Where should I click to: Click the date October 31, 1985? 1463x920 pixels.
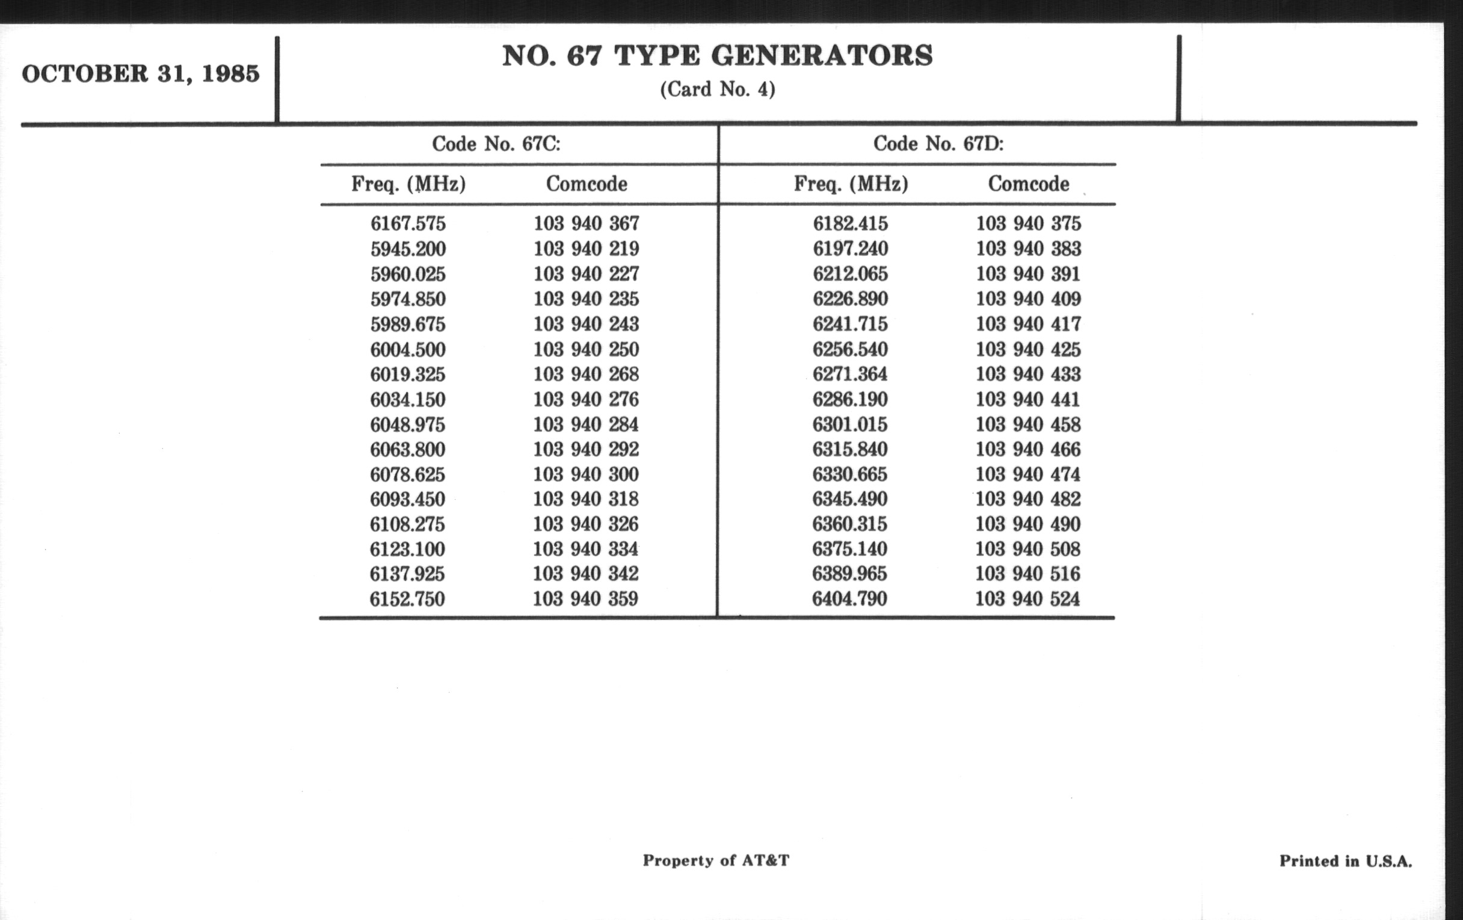(x=140, y=74)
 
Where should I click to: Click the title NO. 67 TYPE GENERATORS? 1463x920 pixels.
(x=717, y=56)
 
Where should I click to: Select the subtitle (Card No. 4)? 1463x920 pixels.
(x=717, y=90)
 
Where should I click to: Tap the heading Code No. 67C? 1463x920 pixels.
(x=496, y=144)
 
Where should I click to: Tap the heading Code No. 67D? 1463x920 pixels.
(x=938, y=144)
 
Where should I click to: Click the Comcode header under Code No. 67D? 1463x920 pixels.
(x=1028, y=183)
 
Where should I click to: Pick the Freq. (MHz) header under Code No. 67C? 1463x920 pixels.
(x=408, y=183)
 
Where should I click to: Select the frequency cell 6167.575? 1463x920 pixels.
(x=408, y=224)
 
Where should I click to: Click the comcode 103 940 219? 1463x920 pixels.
(x=587, y=248)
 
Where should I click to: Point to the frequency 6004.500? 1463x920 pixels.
(x=408, y=349)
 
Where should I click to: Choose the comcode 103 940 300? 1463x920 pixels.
(x=586, y=474)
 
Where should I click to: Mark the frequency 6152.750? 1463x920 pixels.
(x=407, y=599)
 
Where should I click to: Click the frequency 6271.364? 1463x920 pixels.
(x=850, y=373)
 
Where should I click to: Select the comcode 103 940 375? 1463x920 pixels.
(x=1028, y=224)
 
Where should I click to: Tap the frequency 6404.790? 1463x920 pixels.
(x=849, y=599)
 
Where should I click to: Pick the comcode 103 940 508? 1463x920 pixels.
(x=1028, y=549)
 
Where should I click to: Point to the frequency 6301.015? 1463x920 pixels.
(x=850, y=424)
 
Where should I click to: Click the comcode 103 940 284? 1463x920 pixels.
(x=586, y=424)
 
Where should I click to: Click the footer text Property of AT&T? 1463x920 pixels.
(x=716, y=860)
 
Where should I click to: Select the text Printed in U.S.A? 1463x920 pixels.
(x=1345, y=861)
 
